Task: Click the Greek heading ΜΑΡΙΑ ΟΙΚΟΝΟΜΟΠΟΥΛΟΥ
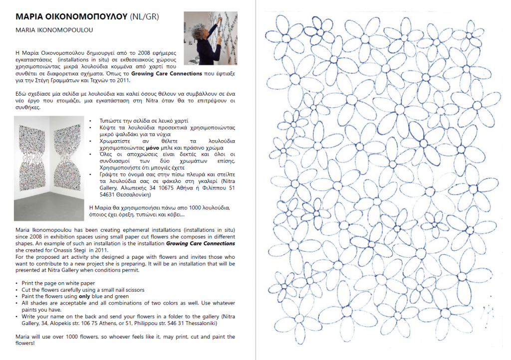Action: pyautogui.click(x=71, y=16)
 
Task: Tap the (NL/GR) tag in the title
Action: pyautogui.click(x=144, y=16)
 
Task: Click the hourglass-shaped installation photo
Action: pyautogui.click(x=50, y=168)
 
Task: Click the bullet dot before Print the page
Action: pyautogui.click(x=17, y=283)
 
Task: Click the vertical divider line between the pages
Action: pyautogui.click(x=255, y=180)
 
